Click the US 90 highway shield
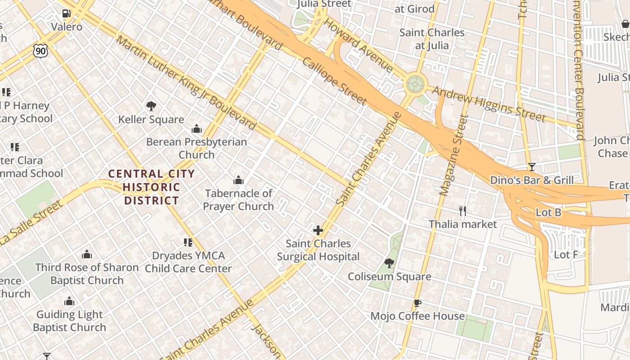40,51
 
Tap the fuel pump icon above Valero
67,13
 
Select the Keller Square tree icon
151,106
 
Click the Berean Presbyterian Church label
196,148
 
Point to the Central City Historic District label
152,187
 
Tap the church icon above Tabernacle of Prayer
238,180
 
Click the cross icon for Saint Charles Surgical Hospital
318,231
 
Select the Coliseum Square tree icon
389,263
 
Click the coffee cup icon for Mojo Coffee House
418,303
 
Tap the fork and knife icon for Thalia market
462,211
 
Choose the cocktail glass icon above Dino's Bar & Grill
531,167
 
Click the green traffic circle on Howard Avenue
415,83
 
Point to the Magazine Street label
451,155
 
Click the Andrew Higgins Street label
489,104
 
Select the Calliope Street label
334,81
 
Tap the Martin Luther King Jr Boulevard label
186,83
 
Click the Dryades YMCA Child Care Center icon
188,243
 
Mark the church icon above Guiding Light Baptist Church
69,301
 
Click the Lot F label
566,255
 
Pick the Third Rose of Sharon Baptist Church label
87,274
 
